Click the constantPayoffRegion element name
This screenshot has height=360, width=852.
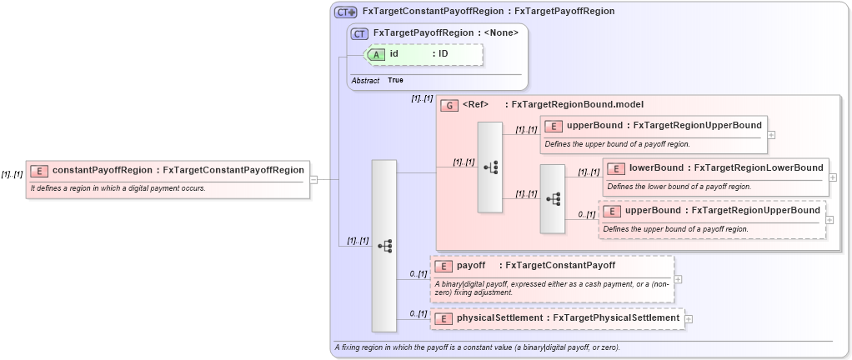click(x=103, y=170)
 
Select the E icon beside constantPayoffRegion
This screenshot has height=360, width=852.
click(x=39, y=171)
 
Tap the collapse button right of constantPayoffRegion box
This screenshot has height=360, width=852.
click(x=313, y=178)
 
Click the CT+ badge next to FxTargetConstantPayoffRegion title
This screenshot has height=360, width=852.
click(x=346, y=12)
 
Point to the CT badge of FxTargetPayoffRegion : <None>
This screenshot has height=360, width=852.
click(x=360, y=33)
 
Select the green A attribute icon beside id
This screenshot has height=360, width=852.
click(x=377, y=54)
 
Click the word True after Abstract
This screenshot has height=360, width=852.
click(x=396, y=80)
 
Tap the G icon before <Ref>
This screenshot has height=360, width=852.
click(x=449, y=105)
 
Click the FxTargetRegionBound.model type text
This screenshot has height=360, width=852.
click(x=577, y=104)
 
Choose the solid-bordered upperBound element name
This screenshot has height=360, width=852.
click(x=594, y=126)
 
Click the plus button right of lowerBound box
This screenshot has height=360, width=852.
click(x=833, y=178)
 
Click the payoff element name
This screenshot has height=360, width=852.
click(x=471, y=266)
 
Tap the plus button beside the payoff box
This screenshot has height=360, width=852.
click(x=678, y=280)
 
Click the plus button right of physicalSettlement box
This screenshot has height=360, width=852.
click(x=689, y=318)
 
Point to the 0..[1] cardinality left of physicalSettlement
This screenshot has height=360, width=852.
click(x=418, y=313)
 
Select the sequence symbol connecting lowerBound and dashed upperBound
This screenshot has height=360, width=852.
click(x=553, y=199)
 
